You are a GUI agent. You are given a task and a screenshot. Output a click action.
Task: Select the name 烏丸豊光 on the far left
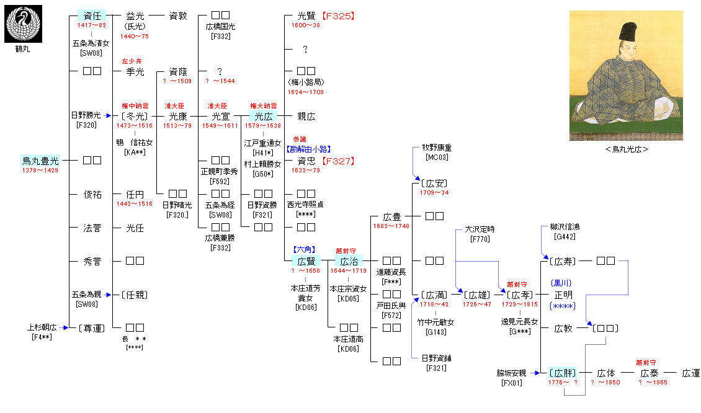point(40,161)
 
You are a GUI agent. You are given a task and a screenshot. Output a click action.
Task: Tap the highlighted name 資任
point(92,16)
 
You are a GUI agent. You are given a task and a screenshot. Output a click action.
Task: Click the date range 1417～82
point(91,25)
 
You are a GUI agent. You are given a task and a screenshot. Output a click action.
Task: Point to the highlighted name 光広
point(264,116)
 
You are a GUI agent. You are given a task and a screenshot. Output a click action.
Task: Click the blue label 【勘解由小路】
point(308,149)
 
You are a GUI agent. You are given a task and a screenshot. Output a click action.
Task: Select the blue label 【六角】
point(306,249)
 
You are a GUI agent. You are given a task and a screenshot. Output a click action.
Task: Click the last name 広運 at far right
point(690,373)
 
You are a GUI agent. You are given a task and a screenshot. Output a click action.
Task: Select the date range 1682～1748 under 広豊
point(392,226)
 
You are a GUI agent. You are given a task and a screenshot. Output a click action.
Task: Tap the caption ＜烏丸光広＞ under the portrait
point(627,149)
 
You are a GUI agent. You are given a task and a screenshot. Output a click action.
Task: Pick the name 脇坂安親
point(511,373)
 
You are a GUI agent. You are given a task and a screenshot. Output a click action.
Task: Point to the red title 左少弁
point(132,61)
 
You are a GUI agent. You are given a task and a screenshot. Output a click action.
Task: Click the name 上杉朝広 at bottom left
point(42,327)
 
